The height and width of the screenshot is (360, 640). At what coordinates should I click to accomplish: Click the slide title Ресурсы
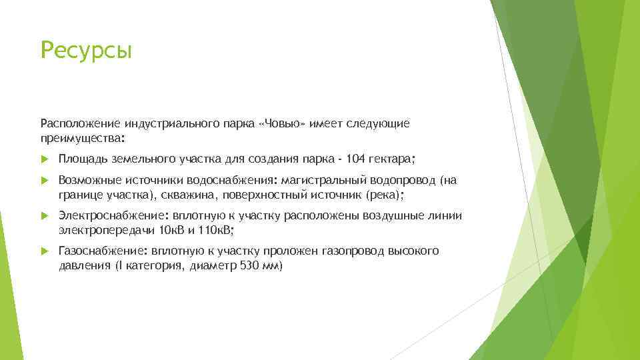click(87, 50)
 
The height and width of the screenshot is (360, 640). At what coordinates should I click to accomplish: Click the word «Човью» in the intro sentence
click(282, 124)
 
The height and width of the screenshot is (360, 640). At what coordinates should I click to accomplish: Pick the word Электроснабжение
click(115, 215)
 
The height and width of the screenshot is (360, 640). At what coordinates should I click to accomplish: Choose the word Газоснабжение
click(103, 251)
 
